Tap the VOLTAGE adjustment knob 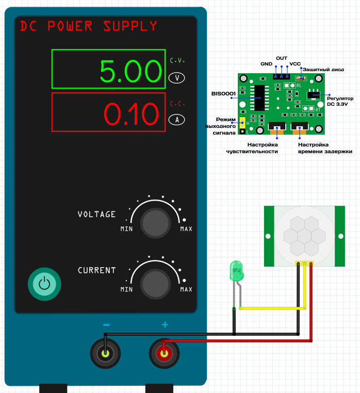point(155,223)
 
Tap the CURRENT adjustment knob point(155,283)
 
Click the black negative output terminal point(106,354)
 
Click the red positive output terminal point(165,354)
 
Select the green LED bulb point(236,271)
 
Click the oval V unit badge point(177,78)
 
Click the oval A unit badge point(177,120)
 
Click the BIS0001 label point(223,93)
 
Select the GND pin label point(266,64)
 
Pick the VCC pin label point(295,64)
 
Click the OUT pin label point(281,58)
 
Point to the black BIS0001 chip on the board point(260,97)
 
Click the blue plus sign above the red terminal point(165,325)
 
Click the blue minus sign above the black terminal point(106,325)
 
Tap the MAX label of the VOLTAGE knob point(186,228)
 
